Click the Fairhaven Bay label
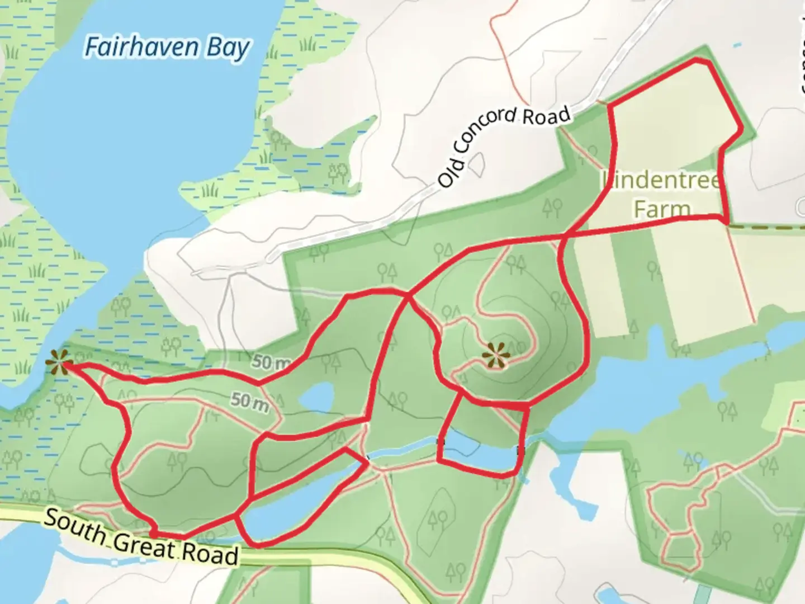[x=167, y=47]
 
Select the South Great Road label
[x=141, y=537]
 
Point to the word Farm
[x=662, y=209]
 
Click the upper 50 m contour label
[x=271, y=362]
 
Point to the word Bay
[x=228, y=48]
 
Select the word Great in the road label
[x=143, y=544]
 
